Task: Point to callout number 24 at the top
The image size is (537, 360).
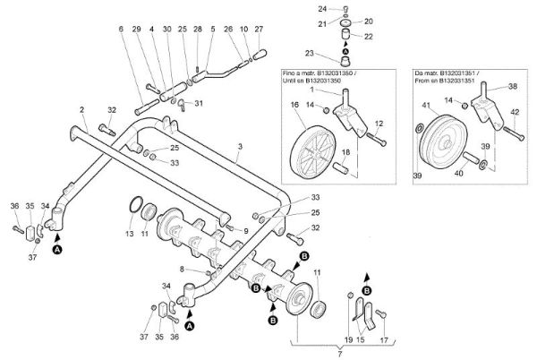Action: (322, 8)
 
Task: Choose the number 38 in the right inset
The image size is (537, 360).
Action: (513, 88)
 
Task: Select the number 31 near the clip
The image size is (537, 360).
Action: (199, 104)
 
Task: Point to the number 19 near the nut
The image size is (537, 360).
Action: (349, 340)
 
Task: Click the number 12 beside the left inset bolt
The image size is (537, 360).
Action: (379, 123)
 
